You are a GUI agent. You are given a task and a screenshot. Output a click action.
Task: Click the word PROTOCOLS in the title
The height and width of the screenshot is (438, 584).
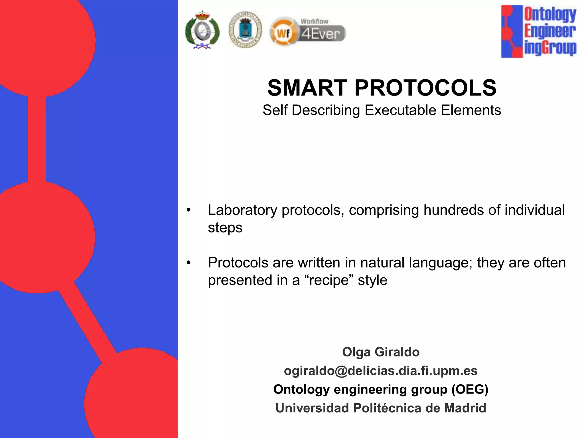click(x=425, y=88)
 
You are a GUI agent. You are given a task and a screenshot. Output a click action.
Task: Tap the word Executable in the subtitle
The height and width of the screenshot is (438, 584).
click(x=401, y=110)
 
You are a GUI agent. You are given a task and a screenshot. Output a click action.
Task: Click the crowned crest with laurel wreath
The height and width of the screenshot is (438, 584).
click(x=202, y=30)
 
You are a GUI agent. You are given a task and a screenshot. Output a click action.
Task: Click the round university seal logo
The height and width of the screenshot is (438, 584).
click(x=245, y=30)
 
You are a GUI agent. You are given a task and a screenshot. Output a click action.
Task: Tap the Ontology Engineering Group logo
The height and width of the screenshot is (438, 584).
click(x=539, y=31)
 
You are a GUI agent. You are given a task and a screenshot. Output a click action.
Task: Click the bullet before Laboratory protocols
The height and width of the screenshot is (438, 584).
click(x=188, y=210)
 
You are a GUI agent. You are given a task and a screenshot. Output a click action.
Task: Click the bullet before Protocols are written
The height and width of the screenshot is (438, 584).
click(x=188, y=263)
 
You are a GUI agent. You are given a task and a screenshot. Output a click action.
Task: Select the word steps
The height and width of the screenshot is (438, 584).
click(x=225, y=228)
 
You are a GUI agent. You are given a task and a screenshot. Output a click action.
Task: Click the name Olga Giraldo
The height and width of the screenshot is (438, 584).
click(x=381, y=352)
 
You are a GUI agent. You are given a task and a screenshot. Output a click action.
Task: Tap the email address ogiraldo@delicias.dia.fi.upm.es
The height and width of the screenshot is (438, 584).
click(x=381, y=371)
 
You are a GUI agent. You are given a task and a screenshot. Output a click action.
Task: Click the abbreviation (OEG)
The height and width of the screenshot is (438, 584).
click(x=470, y=390)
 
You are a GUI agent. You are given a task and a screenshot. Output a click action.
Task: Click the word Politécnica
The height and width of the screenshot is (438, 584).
click(x=387, y=408)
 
